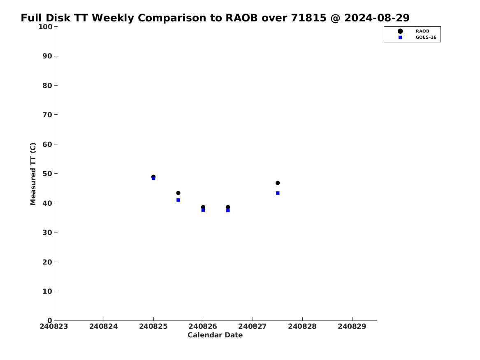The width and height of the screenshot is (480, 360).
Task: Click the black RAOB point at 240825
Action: tap(153, 177)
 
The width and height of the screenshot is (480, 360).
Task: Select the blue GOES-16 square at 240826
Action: tap(203, 210)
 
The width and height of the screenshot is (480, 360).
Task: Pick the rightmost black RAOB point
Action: tap(278, 183)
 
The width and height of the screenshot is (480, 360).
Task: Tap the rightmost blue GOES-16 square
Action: tap(278, 193)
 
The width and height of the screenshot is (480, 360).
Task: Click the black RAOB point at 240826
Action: tap(203, 207)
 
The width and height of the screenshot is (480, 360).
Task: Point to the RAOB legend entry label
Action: tap(422, 31)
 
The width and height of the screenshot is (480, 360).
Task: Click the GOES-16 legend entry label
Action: tap(426, 37)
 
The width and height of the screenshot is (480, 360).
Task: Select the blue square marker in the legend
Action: tap(400, 37)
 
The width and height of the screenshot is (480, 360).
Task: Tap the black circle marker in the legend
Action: tap(400, 31)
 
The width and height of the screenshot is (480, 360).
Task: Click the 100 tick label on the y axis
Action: tap(45, 27)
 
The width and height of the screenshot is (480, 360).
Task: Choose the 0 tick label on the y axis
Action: tap(50, 321)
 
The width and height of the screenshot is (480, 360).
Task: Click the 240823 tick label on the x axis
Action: tap(54, 326)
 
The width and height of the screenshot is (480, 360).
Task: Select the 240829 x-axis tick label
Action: tap(352, 326)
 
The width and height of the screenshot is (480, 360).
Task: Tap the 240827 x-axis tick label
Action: tap(253, 326)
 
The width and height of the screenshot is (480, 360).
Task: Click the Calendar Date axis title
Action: tap(215, 335)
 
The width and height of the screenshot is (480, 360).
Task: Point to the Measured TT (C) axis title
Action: tap(33, 174)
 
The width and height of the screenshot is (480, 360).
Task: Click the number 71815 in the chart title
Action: tap(308, 18)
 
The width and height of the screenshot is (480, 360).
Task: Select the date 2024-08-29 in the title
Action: tap(377, 18)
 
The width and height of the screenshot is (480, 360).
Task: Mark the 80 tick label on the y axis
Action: tap(47, 86)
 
